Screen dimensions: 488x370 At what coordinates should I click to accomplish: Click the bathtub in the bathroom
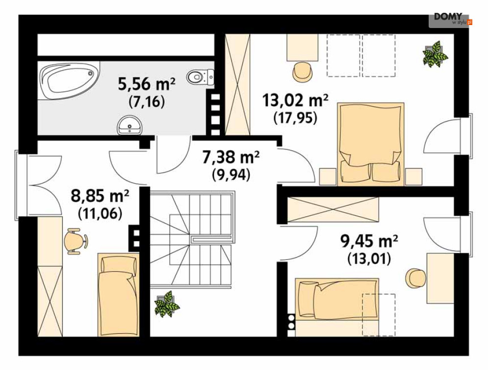click(x=69, y=80)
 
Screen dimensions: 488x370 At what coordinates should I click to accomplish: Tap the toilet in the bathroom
click(x=201, y=77)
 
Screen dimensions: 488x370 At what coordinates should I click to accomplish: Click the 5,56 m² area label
click(x=147, y=84)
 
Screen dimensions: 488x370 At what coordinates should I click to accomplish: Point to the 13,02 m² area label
click(x=295, y=100)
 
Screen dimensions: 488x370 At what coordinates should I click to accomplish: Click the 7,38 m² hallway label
click(x=231, y=157)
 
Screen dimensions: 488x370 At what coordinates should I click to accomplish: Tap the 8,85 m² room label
click(x=100, y=196)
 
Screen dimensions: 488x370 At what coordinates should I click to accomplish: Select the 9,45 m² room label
click(x=369, y=241)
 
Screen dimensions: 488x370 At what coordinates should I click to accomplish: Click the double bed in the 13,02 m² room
click(x=370, y=144)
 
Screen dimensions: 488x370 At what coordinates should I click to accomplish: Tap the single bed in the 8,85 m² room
click(x=118, y=295)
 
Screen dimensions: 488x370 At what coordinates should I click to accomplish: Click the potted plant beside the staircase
click(x=167, y=304)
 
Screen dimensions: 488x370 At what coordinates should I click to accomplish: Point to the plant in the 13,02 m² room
click(x=435, y=54)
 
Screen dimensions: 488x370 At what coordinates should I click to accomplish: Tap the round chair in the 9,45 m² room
click(x=415, y=278)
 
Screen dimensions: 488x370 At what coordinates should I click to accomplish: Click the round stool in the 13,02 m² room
click(x=303, y=71)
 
